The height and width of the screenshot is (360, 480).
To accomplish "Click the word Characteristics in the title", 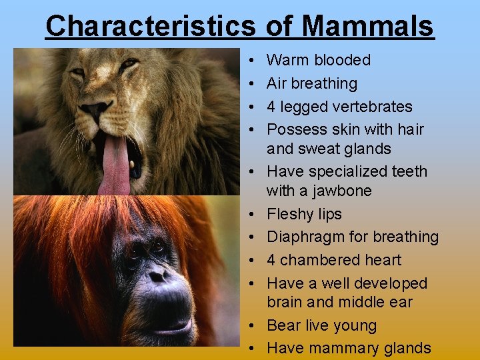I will point(150,26).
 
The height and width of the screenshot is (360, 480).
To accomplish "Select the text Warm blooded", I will point(318,60).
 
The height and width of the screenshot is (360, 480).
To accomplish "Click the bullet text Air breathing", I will point(311,83).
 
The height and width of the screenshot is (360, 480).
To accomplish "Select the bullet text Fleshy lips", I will point(304,214).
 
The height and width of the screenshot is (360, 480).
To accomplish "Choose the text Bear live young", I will point(321,325).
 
